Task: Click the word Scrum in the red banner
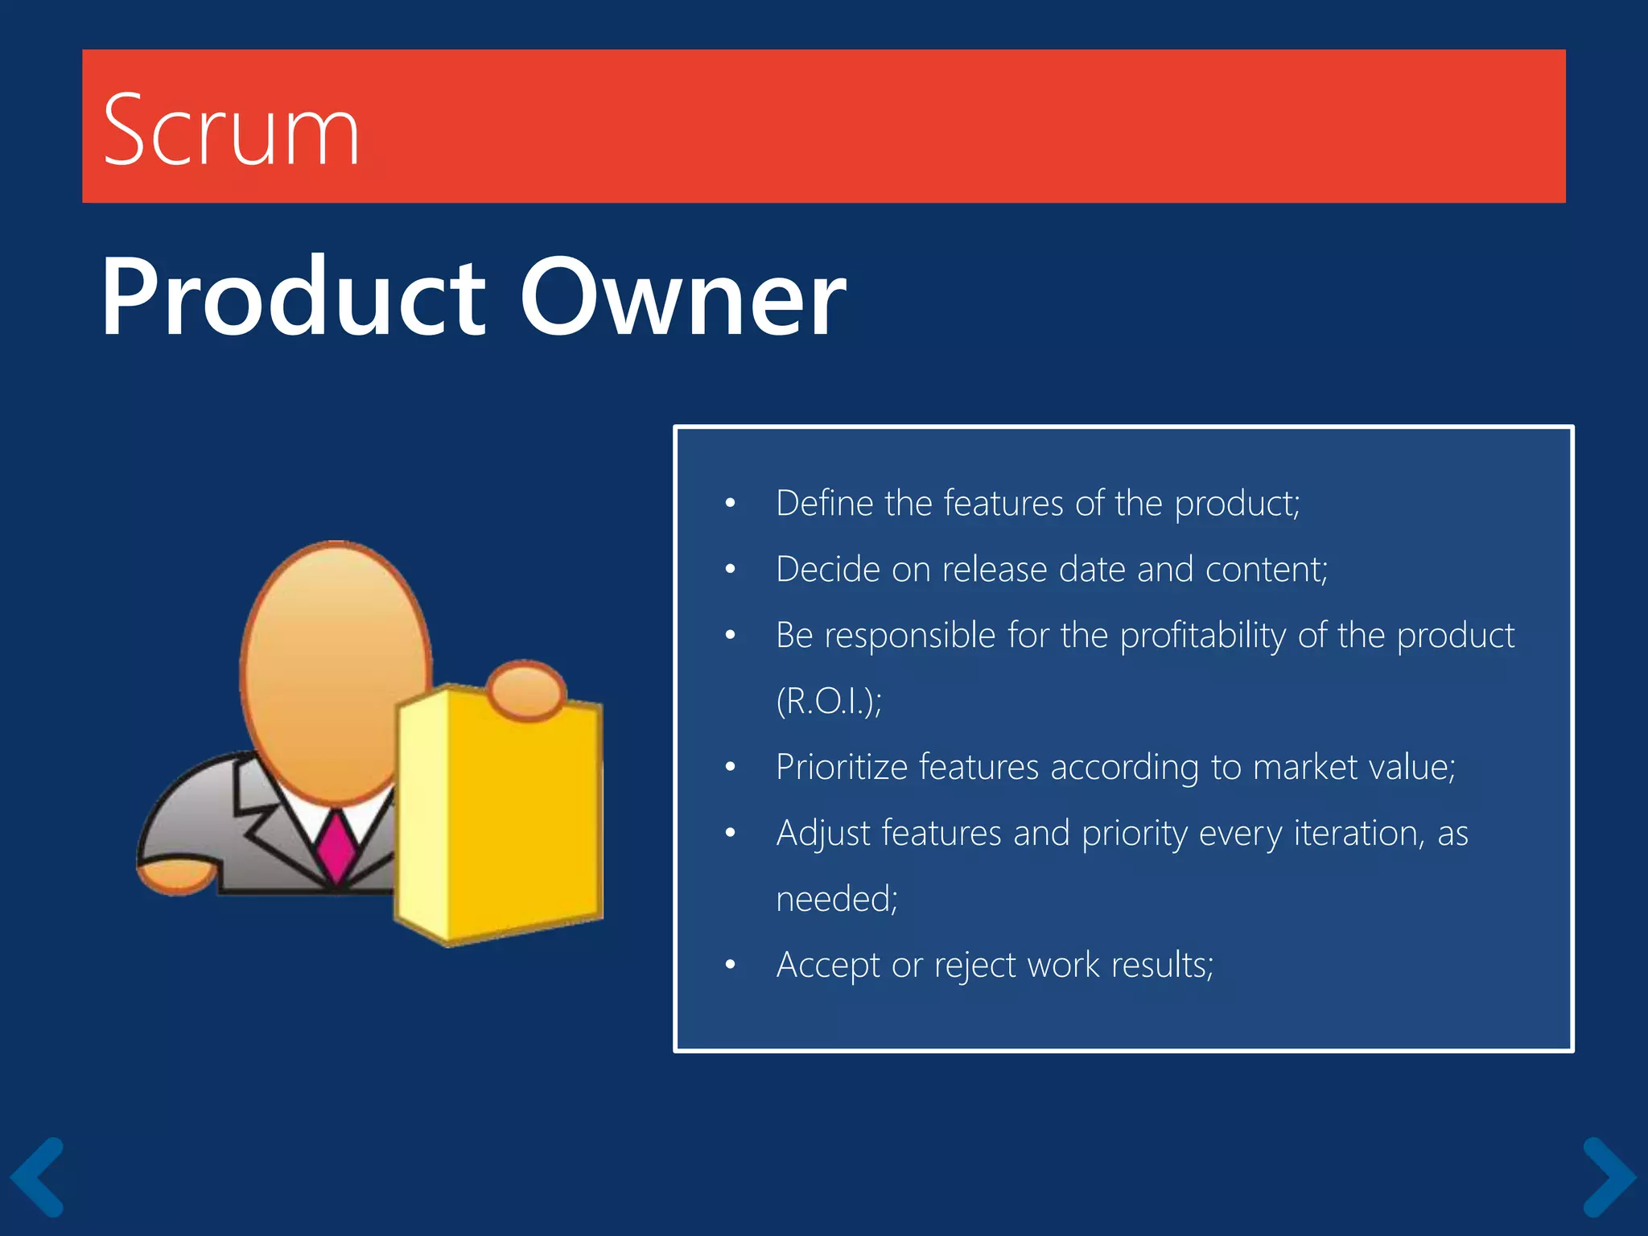[231, 130]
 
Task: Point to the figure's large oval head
[336, 672]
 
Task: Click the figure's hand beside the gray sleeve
[177, 877]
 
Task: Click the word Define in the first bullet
[824, 504]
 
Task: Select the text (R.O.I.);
[829, 702]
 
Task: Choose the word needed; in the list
[837, 899]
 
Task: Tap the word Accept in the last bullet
[828, 965]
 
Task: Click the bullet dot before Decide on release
[730, 570]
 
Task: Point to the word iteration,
[1360, 833]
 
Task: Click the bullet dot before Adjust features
[730, 833]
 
